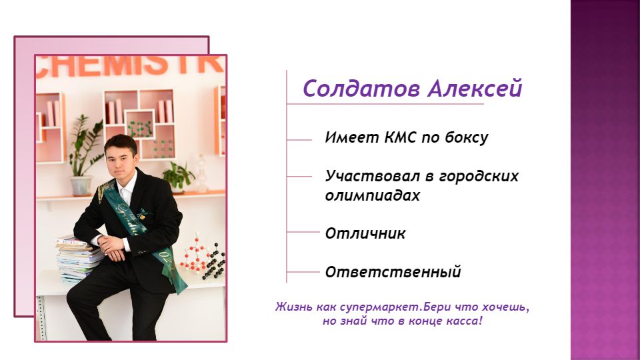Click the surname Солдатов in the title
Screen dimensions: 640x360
point(361,88)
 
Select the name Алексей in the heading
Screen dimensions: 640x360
point(475,88)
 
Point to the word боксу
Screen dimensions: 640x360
point(466,137)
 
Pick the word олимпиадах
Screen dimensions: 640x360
point(372,195)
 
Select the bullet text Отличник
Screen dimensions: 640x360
point(365,233)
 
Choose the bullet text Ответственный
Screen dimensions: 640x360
point(393,272)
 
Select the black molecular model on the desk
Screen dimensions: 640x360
point(215,261)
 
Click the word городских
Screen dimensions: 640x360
point(479,176)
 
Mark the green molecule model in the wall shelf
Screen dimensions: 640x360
point(140,128)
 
